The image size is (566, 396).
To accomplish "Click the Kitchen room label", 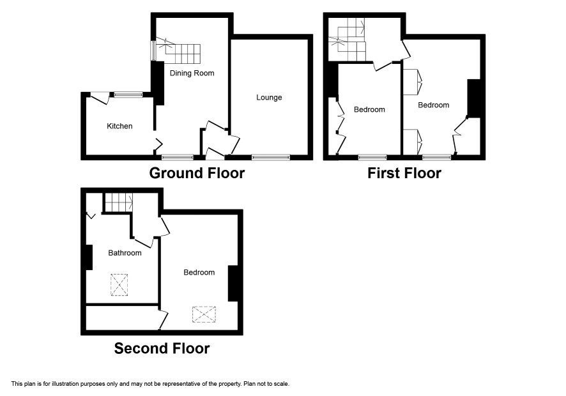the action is point(119,126).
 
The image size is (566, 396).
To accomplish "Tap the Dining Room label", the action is point(192,73).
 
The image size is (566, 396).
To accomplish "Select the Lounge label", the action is point(269,98).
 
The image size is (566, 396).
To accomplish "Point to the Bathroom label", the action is point(125,253).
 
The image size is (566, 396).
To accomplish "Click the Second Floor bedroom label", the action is point(199,272).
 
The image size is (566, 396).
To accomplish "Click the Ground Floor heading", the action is point(197,173).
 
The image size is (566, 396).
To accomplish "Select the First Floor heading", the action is point(404,173).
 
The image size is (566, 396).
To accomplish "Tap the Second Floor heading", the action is point(162,348).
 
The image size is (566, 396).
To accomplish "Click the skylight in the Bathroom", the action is point(119,285).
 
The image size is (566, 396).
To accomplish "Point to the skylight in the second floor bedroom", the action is point(204,314).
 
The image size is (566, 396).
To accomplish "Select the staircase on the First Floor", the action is point(347,40).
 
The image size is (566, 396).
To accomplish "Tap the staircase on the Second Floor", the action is point(119,202).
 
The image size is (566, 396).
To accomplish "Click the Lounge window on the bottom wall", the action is point(271,157).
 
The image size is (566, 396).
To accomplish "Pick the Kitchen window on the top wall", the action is point(128,95).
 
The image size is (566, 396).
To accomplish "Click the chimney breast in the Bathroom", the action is point(89,257).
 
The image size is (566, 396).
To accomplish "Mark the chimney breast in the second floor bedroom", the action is point(233,284).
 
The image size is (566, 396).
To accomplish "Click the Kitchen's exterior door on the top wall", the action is point(100,98).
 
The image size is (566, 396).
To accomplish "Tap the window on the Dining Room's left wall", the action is point(153,50).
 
